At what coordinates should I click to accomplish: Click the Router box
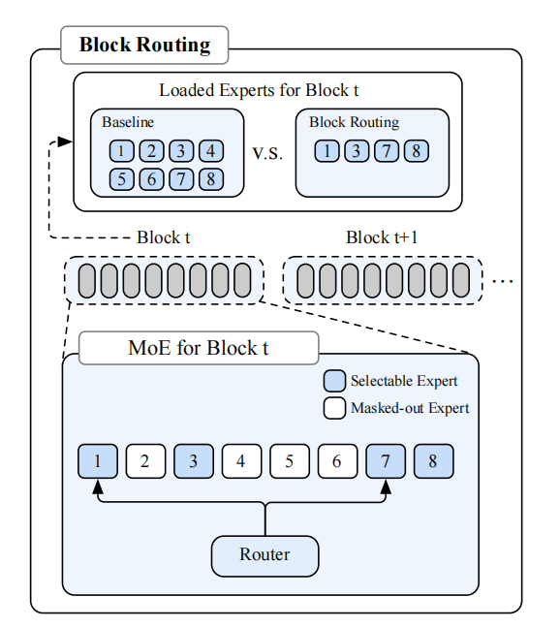coord(265,556)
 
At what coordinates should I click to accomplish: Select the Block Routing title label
coord(144,45)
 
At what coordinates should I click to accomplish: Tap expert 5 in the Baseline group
coord(122,179)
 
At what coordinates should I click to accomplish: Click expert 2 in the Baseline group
coord(151,151)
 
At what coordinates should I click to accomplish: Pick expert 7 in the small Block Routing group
coord(387,151)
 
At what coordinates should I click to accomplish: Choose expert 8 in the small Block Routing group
coord(417,151)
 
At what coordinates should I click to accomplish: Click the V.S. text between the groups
coord(267,153)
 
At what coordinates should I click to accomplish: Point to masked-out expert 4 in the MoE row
coord(241,461)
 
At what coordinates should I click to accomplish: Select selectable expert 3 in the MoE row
coord(194,461)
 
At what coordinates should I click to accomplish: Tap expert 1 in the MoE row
coord(98,461)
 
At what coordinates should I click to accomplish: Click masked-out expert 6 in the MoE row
coord(337,461)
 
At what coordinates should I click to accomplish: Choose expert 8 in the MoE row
coord(433,461)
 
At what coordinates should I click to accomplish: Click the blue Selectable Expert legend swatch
coord(334,381)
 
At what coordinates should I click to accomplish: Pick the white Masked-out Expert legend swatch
coord(334,408)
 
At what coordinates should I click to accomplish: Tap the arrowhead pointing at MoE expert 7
coord(386,487)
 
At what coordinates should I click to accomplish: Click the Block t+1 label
coord(382,237)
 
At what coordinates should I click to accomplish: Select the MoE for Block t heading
coord(199,348)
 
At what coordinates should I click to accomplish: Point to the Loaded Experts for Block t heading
coord(259,90)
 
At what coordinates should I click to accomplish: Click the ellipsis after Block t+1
coord(503,281)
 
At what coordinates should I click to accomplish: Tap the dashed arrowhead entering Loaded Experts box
coord(65,141)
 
